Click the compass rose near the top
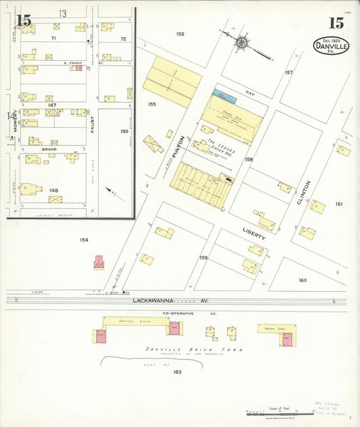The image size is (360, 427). point(241,41)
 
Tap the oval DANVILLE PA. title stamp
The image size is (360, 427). point(331,46)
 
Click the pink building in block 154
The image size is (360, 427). point(99,261)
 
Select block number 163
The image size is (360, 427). point(178,372)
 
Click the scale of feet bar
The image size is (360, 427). point(274,413)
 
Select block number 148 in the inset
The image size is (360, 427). point(53,190)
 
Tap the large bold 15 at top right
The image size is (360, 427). point(336,23)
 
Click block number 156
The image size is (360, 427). point(180,34)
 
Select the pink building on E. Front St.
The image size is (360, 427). point(78,68)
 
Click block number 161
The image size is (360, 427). point(338,203)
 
